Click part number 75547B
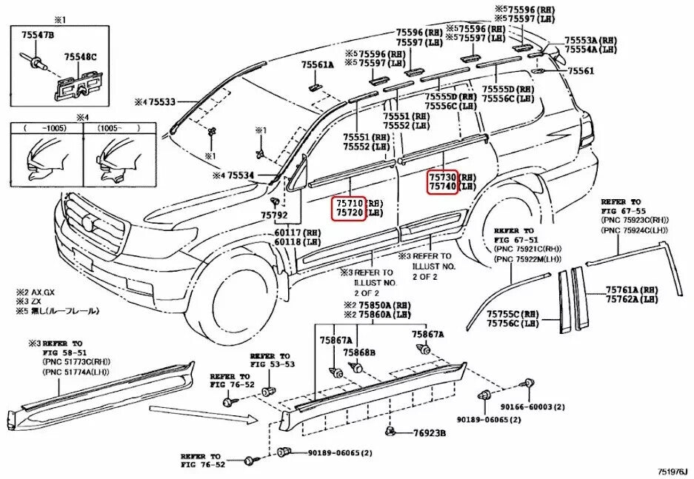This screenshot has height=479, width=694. click(x=37, y=35)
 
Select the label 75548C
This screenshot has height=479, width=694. click(x=80, y=56)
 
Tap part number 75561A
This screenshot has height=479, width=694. click(x=318, y=64)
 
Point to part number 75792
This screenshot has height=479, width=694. click(x=273, y=215)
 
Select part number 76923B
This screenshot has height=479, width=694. click(x=429, y=433)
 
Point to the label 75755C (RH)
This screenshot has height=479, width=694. click(x=512, y=314)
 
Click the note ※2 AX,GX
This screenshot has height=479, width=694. click(x=35, y=293)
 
